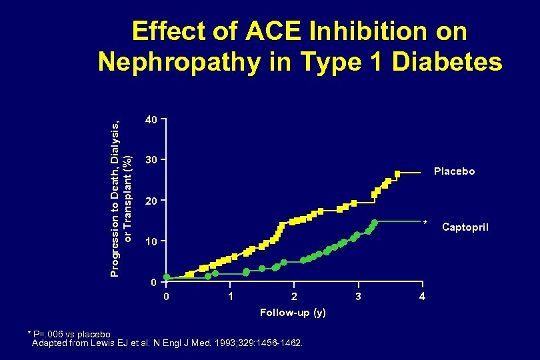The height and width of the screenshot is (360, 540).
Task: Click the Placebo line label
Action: click(x=454, y=171)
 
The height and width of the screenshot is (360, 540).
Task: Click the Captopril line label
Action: click(x=465, y=228)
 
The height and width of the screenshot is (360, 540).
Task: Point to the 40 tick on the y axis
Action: click(x=152, y=121)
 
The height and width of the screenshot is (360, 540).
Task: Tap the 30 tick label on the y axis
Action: click(x=152, y=161)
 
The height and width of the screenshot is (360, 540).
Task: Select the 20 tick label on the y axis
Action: click(x=152, y=201)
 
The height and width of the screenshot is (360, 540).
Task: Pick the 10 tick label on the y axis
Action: click(x=152, y=241)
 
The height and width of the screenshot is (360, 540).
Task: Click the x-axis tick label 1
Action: click(x=230, y=295)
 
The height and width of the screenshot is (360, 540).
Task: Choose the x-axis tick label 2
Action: click(x=294, y=295)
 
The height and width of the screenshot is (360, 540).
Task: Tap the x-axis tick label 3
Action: click(x=358, y=295)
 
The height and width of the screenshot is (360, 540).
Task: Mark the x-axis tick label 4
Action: click(x=422, y=295)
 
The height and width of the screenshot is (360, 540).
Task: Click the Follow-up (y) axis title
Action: click(x=293, y=313)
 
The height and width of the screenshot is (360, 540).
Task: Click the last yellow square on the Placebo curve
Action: click(x=397, y=174)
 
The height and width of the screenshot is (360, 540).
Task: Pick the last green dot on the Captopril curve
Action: click(x=375, y=221)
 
